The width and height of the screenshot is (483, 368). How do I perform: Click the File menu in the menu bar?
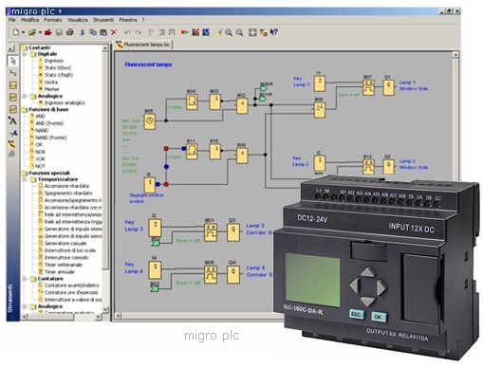[12, 19]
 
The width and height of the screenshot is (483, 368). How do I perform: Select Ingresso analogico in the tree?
[65, 102]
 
